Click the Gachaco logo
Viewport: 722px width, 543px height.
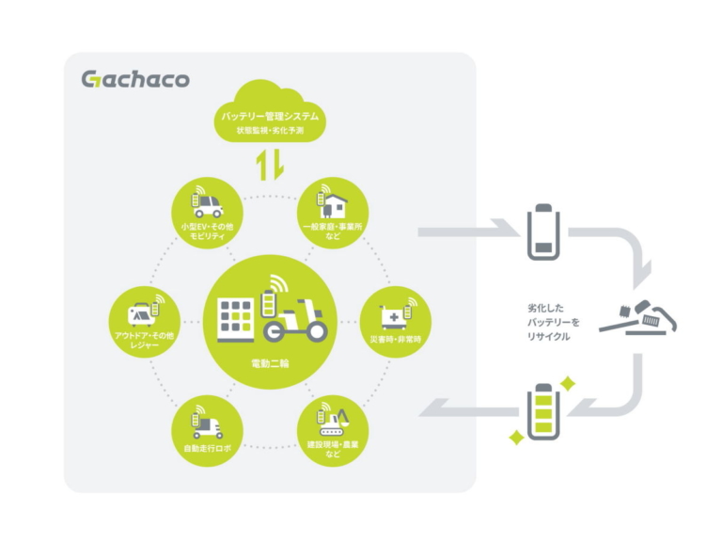tap(134, 79)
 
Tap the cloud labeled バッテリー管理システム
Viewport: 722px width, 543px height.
tap(270, 111)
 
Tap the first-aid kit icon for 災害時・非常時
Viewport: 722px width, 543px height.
tap(390, 313)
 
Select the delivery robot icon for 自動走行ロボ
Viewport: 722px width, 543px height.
tap(208, 421)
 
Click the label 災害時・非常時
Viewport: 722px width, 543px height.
tap(389, 337)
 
